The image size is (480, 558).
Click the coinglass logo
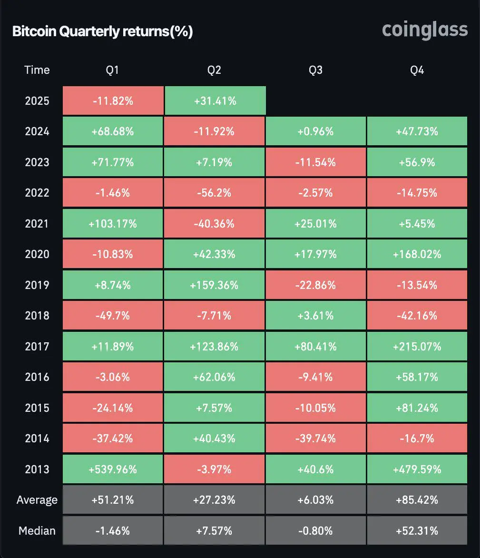point(425,30)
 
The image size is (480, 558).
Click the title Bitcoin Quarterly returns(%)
point(102,31)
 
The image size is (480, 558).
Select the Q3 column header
point(315,70)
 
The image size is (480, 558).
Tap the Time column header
point(37,70)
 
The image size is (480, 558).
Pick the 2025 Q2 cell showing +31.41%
point(214,101)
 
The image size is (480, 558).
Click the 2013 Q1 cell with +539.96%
point(113,469)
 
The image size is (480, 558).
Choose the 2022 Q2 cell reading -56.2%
point(214,193)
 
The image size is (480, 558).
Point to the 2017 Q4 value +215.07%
point(417,347)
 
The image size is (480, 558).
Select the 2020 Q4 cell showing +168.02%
point(417,254)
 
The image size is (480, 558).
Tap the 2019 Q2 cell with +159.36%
point(214,285)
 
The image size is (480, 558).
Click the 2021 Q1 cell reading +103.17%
point(113,224)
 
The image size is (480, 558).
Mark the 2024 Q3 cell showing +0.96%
point(315,131)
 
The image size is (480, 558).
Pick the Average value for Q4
point(417,500)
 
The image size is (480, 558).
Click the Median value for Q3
point(315,531)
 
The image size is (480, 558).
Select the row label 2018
point(37,316)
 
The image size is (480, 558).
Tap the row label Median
point(37,531)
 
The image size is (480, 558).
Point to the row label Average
point(37,500)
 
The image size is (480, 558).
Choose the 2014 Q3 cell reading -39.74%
point(315,438)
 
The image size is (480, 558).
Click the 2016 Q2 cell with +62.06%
point(214,377)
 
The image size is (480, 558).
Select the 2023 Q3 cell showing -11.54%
point(315,162)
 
